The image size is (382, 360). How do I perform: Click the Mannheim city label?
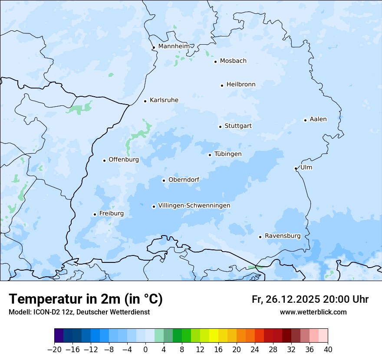tap(174, 46)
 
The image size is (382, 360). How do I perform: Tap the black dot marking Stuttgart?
tap(220, 127)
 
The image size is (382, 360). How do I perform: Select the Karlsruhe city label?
tap(164, 100)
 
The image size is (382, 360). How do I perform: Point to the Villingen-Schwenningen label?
tap(194, 206)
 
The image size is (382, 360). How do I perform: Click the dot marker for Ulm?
tap(296, 168)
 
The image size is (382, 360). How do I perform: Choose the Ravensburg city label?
tap(282, 236)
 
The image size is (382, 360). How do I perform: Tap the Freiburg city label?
tap(111, 213)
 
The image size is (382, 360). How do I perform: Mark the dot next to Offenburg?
tap(104, 160)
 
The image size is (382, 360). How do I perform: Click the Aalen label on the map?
tap(318, 119)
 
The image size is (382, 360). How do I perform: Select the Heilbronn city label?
tap(241, 85)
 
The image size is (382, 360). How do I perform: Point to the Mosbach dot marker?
tap(215, 62)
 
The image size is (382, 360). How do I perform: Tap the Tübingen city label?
tap(228, 154)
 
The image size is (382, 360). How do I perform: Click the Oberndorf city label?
tap(184, 180)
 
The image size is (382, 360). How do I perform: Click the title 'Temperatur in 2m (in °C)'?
tap(86, 299)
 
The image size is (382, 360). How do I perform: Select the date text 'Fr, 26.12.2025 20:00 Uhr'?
tap(310, 299)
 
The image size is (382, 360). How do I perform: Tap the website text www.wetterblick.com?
tap(313, 312)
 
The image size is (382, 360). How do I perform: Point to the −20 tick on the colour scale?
tap(55, 350)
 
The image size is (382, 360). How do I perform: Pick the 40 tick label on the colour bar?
tap(328, 350)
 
